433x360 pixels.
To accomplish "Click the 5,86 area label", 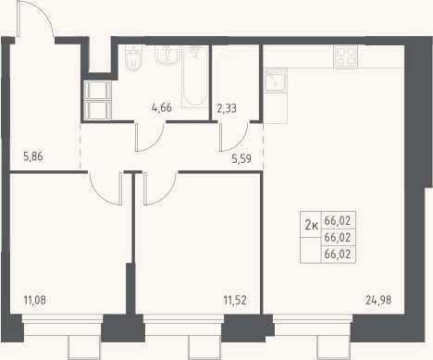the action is (33, 156).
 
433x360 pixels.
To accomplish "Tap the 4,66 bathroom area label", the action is (162, 107).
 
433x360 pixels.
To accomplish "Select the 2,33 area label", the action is (227, 108).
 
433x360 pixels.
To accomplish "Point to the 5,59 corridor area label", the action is (241, 158).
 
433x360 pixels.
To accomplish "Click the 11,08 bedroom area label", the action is (34, 300).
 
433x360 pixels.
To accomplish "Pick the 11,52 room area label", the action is (235, 300).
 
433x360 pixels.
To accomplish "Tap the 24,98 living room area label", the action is (378, 300).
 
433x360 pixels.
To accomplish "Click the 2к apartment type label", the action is (311, 226).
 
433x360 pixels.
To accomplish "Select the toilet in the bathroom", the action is (133, 58).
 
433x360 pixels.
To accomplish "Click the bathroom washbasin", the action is (167, 56).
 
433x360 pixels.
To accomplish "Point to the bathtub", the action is (194, 77).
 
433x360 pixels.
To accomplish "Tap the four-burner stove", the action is (345, 56).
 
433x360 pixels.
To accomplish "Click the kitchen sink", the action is (276, 80).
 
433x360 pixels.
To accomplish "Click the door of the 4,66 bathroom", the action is (150, 137).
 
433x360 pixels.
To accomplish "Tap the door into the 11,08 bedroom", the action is (105, 188).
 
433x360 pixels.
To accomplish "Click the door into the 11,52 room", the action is (160, 188).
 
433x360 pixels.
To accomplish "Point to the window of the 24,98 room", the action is (313, 328).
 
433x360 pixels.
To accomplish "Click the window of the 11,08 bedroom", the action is (63, 328).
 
